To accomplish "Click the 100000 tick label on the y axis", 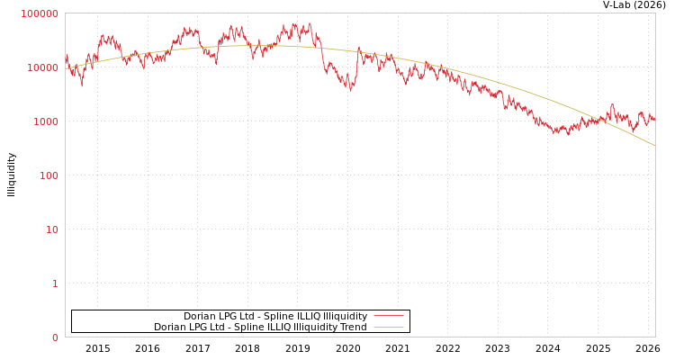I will [x=40, y=13].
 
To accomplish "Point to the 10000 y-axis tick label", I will [x=42, y=67].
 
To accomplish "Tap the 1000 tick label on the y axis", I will [x=45, y=121].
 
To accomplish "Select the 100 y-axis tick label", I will [x=48, y=175].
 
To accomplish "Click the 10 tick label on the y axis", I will [x=50, y=229].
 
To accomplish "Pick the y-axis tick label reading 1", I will [x=54, y=283].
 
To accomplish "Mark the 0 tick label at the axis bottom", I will [x=54, y=337].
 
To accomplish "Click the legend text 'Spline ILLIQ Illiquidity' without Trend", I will [x=275, y=316].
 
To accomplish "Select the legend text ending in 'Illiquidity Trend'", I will [x=260, y=327].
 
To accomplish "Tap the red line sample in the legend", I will [x=388, y=316].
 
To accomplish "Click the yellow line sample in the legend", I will [x=388, y=327].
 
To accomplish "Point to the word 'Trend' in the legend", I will [x=353, y=327].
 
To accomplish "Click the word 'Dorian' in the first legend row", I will [x=199, y=316].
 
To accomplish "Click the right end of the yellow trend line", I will [x=654, y=145].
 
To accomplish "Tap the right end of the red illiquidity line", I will [x=654, y=119].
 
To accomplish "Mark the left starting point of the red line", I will [x=66, y=56].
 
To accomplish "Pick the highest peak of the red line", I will [x=310, y=23].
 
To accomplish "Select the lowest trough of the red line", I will [x=567, y=135].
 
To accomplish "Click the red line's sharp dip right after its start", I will [x=82, y=85].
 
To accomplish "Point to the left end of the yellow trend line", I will [x=66, y=69].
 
